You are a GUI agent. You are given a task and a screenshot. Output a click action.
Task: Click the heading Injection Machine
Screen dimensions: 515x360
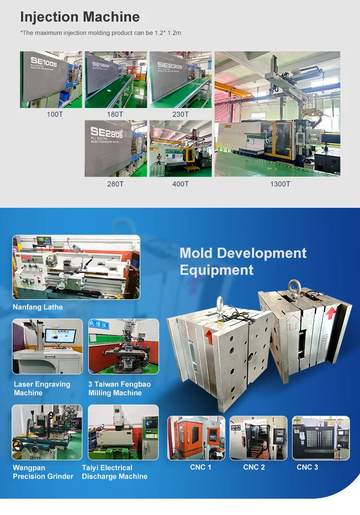80,17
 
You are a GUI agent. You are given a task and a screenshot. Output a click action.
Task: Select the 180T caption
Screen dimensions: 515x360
115,114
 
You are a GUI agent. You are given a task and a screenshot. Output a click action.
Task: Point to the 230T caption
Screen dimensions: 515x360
180,114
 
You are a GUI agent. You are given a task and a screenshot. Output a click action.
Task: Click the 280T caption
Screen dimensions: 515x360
115,184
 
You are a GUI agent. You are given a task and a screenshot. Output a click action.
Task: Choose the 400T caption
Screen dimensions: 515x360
180,184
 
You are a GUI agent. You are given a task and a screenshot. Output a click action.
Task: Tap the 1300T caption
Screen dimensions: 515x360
280,184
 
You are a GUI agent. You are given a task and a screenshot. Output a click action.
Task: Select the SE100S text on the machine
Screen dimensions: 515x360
43,63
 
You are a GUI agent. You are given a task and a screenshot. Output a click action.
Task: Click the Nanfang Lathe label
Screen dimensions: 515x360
37,307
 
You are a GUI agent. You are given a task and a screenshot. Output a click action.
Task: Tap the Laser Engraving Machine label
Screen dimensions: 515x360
42,389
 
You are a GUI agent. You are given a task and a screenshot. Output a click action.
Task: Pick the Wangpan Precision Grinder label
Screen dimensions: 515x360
43,472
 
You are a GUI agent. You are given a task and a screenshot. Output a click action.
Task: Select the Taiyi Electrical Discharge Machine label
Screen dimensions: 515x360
114,472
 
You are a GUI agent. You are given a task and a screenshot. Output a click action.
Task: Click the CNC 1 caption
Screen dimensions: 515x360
200,467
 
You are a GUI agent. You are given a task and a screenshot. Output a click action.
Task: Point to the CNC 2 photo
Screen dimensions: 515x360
258,438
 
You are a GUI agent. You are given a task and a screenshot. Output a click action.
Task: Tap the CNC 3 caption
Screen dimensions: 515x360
307,467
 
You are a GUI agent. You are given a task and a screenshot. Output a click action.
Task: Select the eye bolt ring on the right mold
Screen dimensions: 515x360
293,287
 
